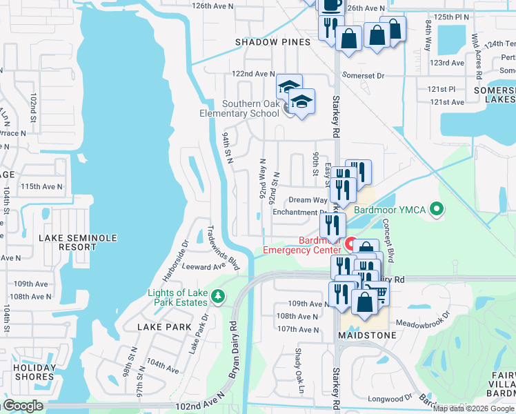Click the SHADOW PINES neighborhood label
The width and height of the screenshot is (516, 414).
272,42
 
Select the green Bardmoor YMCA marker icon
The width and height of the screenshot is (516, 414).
436,208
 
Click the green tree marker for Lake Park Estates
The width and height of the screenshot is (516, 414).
219,296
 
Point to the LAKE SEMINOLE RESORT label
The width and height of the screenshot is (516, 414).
78,242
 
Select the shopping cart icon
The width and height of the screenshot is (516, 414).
377,293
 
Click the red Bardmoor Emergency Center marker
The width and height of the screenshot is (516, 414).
350,245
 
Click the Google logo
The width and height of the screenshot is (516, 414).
23,406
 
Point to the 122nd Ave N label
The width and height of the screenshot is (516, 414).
253,74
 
